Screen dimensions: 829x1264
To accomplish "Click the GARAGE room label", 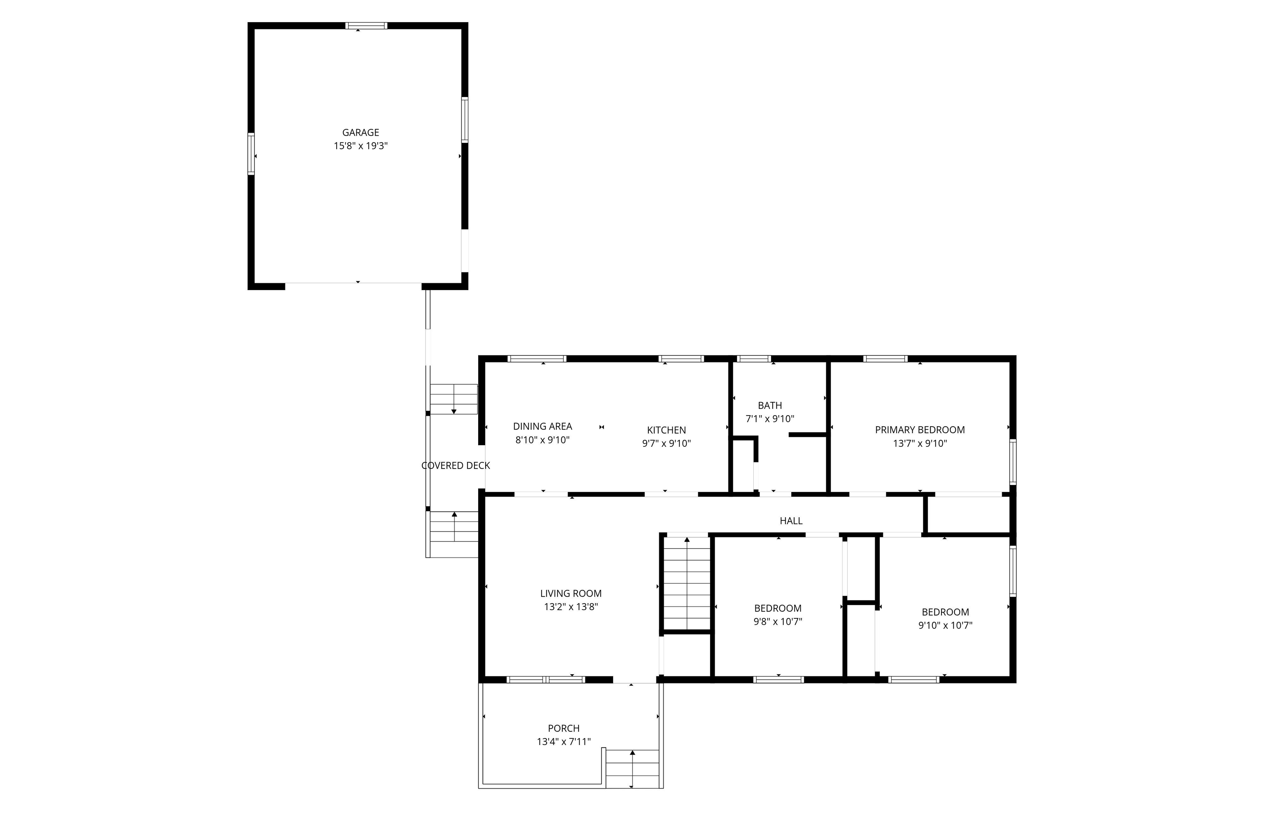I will [360, 132].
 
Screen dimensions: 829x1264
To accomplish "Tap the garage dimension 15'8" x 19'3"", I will [360, 146].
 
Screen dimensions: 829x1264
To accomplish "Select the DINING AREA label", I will [542, 426].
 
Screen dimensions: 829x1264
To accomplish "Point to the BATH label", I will [769, 405].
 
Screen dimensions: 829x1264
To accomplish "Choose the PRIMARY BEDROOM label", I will [919, 430].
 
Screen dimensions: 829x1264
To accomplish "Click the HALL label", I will [791, 521].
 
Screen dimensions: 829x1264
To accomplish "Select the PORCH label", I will [563, 728].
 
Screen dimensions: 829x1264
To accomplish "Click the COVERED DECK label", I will [455, 466].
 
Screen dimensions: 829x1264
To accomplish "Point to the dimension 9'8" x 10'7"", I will [778, 621].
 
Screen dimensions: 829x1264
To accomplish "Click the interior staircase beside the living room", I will [687, 584].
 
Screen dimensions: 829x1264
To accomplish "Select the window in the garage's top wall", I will [366, 26].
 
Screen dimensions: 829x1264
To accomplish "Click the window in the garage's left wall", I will [251, 154].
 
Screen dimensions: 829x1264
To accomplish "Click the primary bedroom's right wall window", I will [1012, 462].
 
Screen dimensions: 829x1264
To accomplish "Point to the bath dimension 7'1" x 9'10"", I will [769, 418].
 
